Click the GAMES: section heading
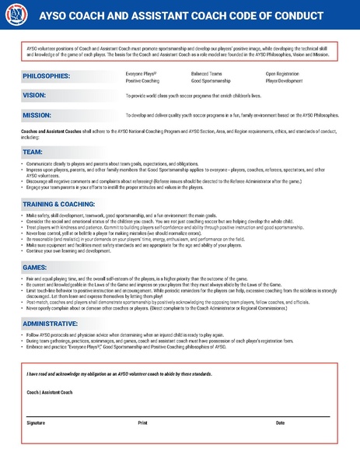pos(36,266)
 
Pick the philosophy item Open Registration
pos(282,72)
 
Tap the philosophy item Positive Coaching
pos(142,80)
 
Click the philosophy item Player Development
pos(285,80)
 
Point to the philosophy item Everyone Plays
pos(142,72)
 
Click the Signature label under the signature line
pos(36,422)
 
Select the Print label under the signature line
pos(142,422)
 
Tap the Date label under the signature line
pos(280,422)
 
